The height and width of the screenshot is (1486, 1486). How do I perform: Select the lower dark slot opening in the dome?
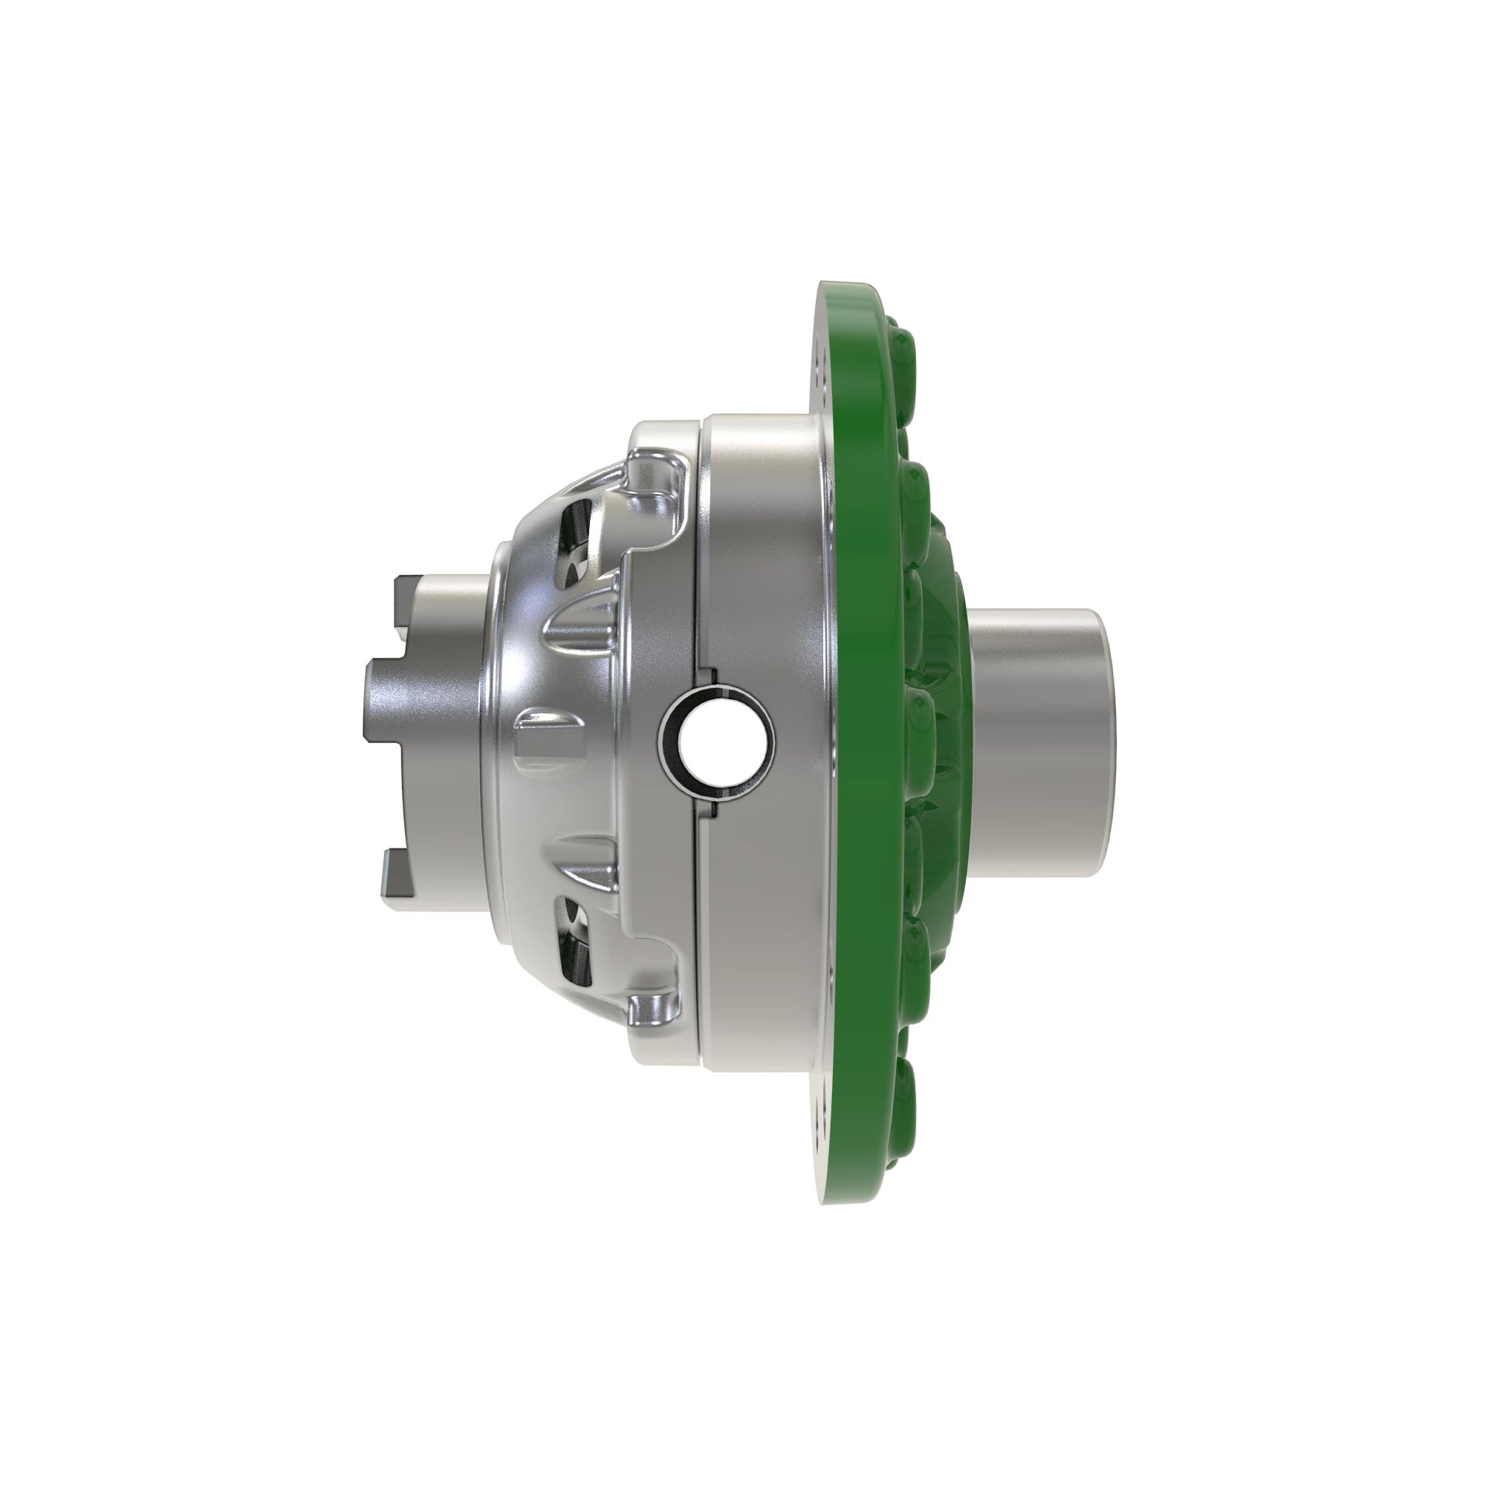pyautogui.click(x=575, y=943)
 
